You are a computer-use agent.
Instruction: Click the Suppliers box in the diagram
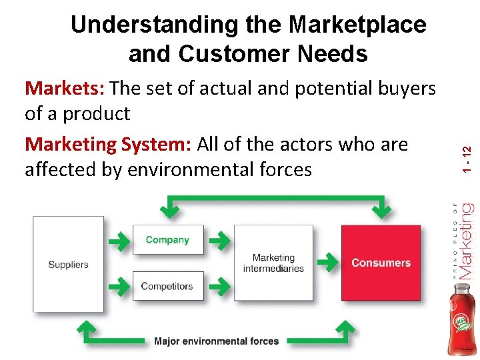pos(68,264)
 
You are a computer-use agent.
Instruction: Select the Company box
pos(167,240)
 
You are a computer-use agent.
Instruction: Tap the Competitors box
pos(167,286)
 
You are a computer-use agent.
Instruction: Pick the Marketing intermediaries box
pos(273,263)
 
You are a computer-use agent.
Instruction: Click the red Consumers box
pos(381,263)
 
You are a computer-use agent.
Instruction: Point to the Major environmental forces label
pos(216,341)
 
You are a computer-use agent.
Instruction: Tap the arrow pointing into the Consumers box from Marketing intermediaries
pos(327,263)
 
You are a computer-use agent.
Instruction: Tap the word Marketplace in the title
pos(357,25)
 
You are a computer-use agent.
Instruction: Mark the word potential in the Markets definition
pos(297,88)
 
